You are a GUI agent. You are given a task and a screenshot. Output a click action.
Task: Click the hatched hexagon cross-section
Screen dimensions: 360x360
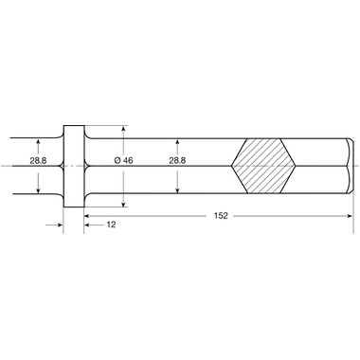263,166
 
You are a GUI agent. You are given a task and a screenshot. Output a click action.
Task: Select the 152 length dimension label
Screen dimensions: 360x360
221,216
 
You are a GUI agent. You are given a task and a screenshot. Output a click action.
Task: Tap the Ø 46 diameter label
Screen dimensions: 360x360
123,160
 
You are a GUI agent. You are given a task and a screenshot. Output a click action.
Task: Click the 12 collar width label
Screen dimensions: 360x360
111,225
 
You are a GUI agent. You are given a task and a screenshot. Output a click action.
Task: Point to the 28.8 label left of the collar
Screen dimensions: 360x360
38,160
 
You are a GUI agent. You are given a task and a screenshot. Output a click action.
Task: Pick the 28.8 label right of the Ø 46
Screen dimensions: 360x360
177,160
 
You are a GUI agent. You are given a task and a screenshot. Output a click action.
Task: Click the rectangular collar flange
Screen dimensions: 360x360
74,166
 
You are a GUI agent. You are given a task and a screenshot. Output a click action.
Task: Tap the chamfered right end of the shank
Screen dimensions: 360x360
350,166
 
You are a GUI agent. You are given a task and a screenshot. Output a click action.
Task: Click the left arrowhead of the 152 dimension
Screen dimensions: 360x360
87,216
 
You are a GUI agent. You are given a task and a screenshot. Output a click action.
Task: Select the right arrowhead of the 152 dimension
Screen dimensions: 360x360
350,216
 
